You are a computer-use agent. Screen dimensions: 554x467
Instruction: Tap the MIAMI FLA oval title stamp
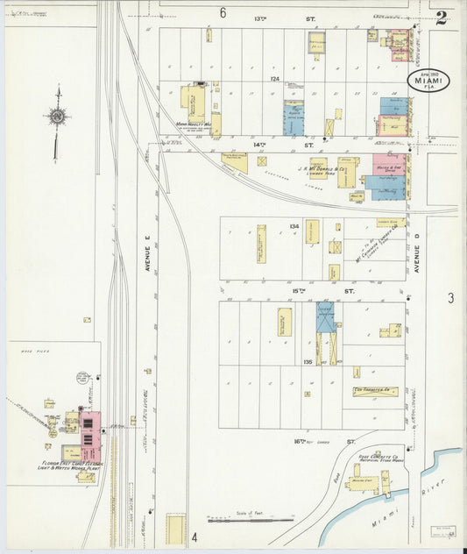pos(428,82)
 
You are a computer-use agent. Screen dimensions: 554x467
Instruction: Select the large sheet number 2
pos(442,18)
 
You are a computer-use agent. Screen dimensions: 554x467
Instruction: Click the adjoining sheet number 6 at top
pos(223,12)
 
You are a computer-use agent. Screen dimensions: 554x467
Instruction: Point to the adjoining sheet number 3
pos(450,298)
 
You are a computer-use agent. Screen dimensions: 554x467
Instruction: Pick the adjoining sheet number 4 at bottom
pos(195,536)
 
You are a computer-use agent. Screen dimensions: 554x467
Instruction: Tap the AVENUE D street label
pos(418,259)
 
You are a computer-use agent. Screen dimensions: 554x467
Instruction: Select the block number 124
pos(274,80)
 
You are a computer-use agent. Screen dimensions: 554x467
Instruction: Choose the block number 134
pos(294,226)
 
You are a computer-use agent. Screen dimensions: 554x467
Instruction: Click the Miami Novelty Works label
pos(194,124)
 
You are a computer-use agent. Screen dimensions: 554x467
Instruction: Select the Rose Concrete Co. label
pos(379,457)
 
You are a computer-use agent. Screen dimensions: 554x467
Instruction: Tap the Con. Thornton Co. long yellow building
pos(378,391)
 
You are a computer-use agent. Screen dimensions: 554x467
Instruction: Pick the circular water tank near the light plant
pos(82,379)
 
